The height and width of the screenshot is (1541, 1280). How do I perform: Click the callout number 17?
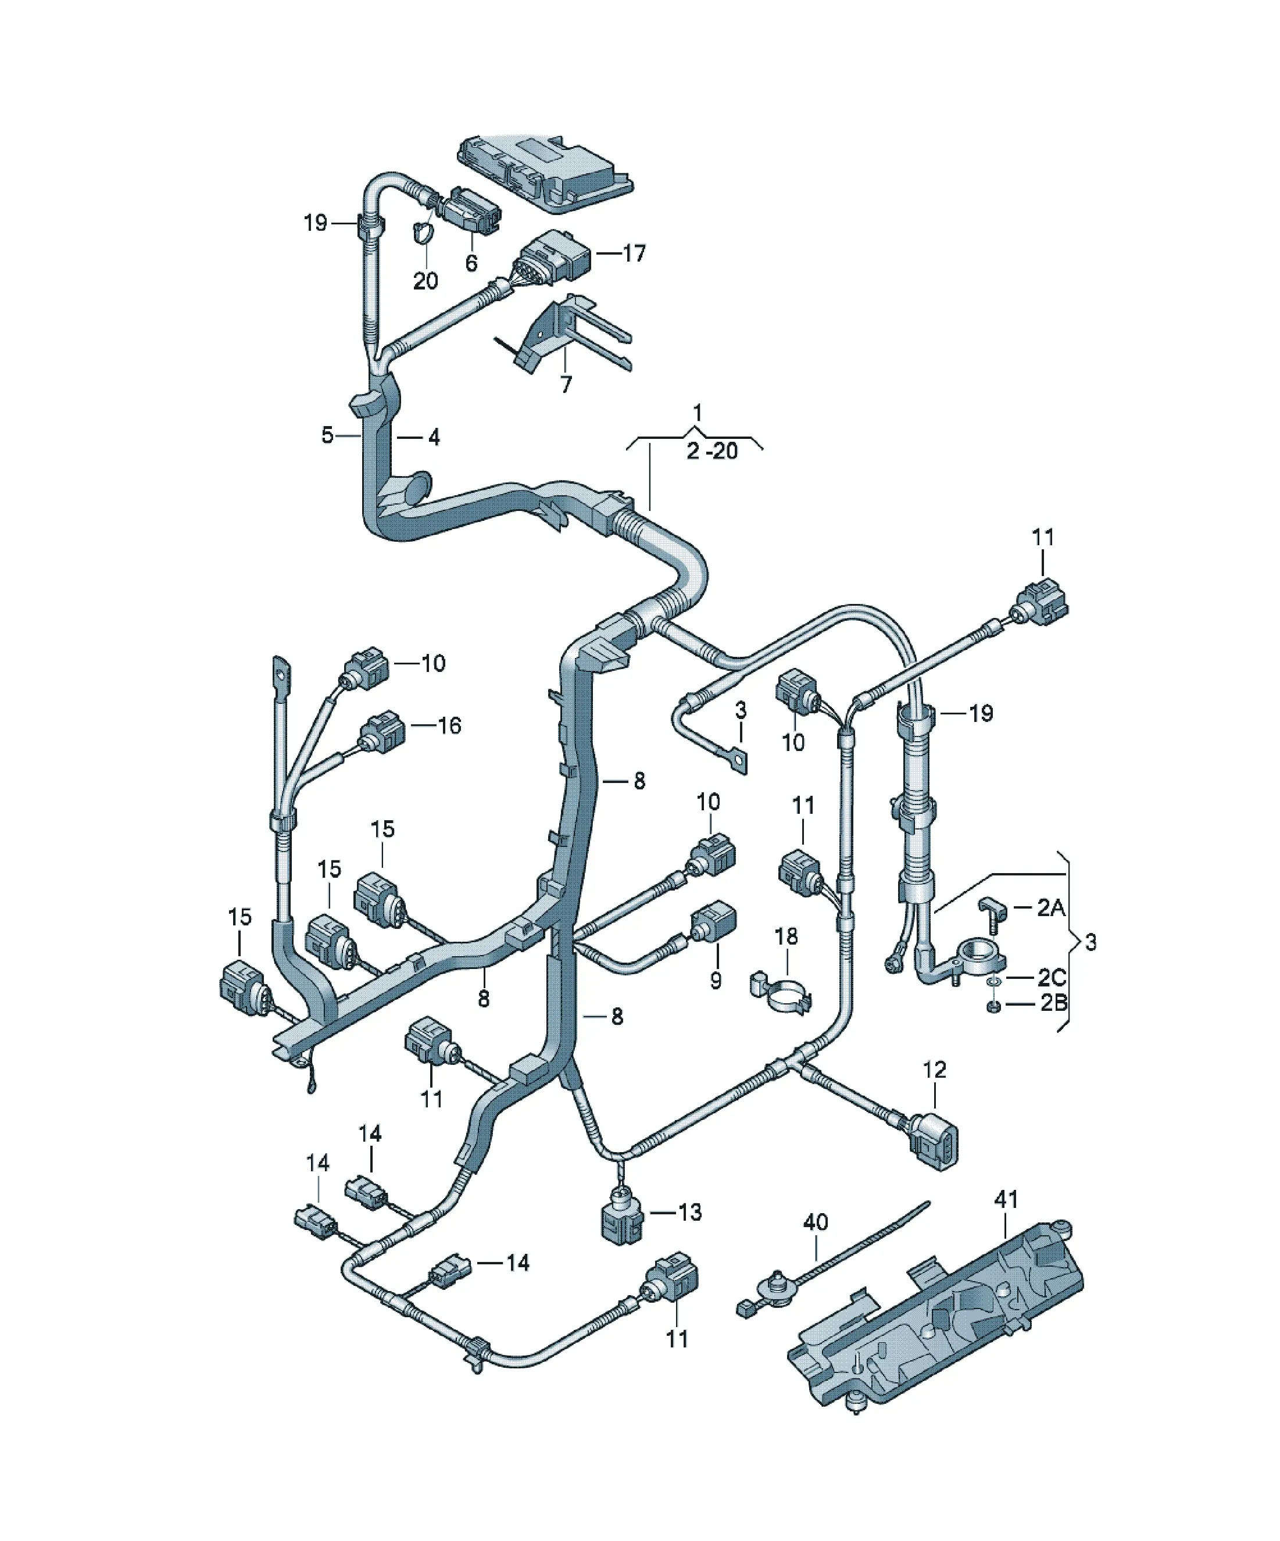click(x=634, y=253)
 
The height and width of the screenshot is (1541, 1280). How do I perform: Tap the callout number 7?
click(x=565, y=384)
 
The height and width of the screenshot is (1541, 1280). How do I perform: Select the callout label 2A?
click(x=1050, y=909)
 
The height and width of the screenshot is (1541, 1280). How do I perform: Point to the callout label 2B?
click(x=1053, y=1002)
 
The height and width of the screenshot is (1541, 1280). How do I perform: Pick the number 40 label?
click(x=816, y=1222)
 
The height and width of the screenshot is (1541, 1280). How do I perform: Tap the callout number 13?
click(x=689, y=1212)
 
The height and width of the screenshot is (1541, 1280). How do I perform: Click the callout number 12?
click(x=934, y=1070)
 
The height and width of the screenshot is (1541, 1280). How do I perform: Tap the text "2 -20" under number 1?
click(x=712, y=450)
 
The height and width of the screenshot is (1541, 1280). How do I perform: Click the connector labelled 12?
click(x=932, y=1149)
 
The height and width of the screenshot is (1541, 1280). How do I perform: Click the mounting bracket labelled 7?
click(x=565, y=334)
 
